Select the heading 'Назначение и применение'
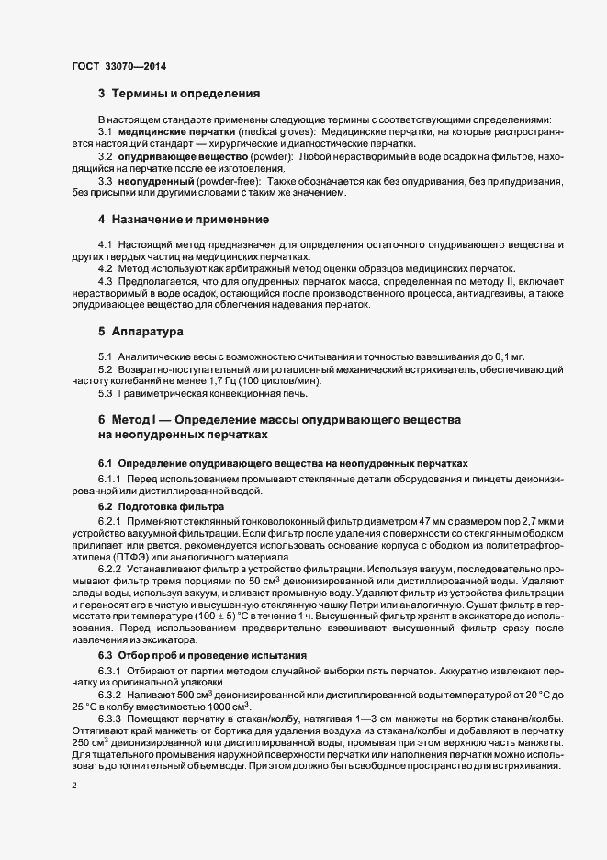point(190,221)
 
